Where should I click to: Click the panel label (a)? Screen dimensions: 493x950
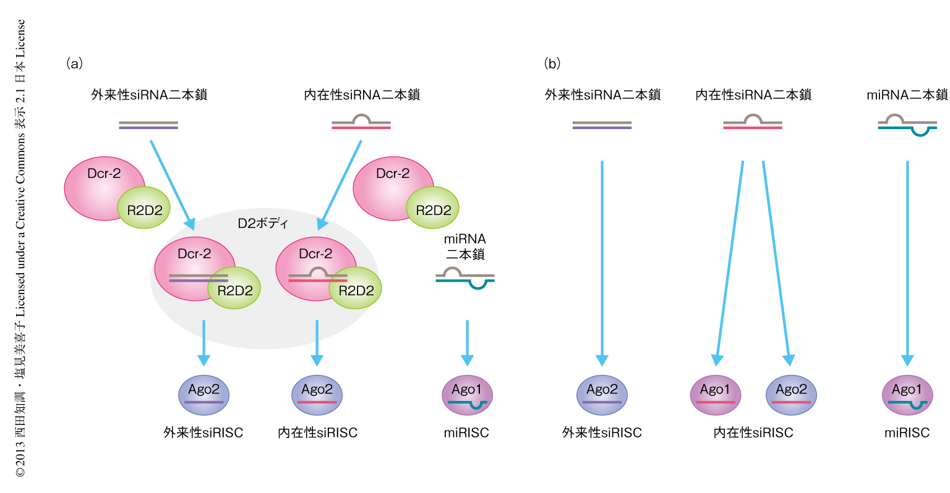coord(74,63)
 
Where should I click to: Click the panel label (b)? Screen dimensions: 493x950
coord(552,63)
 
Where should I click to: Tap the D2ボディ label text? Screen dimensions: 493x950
coord(263,223)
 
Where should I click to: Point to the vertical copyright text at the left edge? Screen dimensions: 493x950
coord(20,247)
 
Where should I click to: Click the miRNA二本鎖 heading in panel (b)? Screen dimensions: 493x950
coord(907,95)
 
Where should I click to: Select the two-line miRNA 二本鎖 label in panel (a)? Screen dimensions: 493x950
coord(465,246)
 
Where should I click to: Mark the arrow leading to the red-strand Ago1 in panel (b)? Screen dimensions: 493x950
coord(730,263)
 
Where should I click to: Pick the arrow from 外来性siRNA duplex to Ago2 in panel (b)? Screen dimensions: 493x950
coord(602,263)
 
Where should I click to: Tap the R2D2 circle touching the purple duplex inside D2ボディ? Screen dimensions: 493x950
coord(235,289)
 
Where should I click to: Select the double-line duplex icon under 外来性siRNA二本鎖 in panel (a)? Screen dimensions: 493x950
coord(148,125)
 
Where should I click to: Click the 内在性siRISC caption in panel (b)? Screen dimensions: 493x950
coord(753,432)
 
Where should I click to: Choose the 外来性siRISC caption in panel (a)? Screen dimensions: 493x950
coord(203,432)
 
